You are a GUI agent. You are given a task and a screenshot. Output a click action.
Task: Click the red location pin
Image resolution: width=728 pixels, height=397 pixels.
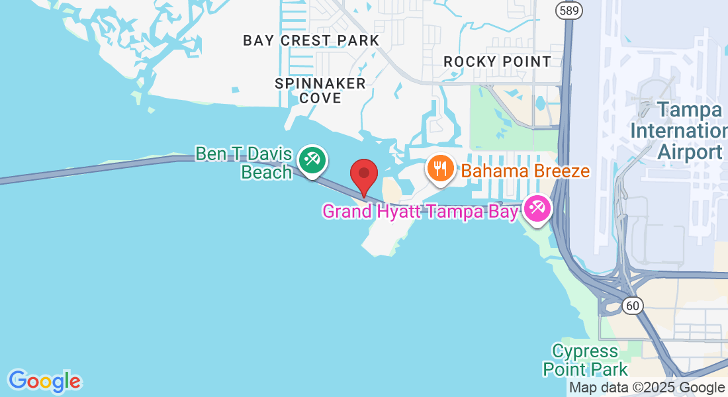363,175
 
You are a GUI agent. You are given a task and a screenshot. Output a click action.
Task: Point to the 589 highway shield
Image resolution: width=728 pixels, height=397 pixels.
569,10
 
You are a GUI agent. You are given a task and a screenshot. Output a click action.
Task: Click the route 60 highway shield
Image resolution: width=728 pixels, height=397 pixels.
633,304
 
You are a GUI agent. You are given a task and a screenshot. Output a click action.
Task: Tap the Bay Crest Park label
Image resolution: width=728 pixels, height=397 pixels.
311,40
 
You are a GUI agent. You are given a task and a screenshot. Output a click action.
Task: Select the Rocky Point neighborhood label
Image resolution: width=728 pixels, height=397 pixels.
497,62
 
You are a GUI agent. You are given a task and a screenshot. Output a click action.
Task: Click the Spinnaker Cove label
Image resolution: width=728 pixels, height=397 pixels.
320,91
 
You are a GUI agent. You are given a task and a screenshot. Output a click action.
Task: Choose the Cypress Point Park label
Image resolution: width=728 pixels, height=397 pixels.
585,359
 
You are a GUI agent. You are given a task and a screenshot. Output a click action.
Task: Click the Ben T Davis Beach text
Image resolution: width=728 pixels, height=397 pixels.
244,163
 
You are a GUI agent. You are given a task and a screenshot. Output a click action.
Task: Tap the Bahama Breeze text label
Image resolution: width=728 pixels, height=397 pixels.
525,171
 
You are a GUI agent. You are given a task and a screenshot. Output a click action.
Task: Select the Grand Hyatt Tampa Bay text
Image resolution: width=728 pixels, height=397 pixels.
420,212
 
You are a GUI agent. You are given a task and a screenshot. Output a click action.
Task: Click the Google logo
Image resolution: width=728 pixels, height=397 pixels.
44,381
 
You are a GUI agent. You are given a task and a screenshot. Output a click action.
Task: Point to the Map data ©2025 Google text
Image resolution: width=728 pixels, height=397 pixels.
647,388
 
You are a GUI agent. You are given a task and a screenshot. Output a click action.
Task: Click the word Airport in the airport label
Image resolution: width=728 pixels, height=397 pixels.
690,152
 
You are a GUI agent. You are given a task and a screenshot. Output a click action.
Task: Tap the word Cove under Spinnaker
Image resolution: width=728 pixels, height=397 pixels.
320,98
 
